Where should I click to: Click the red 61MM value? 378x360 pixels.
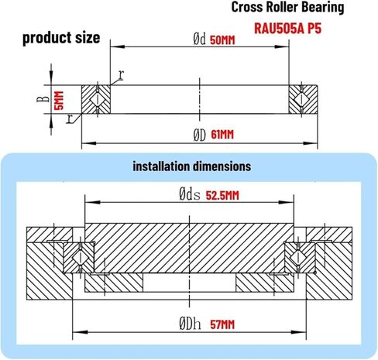pos(222,134)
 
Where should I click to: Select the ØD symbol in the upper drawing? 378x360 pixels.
pos(199,134)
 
